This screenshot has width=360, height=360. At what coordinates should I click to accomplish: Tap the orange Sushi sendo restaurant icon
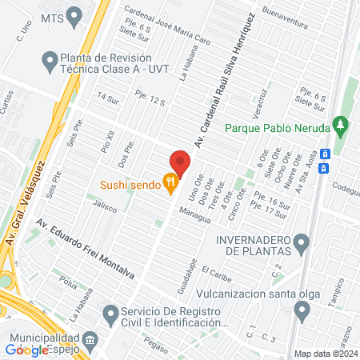coord(170,184)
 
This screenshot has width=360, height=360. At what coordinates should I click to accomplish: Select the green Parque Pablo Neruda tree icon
coord(342,126)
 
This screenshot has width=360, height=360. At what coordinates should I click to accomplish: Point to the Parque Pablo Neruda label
coord(277,127)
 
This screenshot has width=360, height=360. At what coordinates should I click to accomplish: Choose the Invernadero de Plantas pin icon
coord(302,242)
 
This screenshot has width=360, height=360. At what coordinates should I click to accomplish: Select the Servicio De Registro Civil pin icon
coord(110,312)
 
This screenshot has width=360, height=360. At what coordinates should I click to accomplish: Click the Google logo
coord(26,350)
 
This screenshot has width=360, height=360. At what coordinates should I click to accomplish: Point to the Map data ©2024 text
coord(324,354)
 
